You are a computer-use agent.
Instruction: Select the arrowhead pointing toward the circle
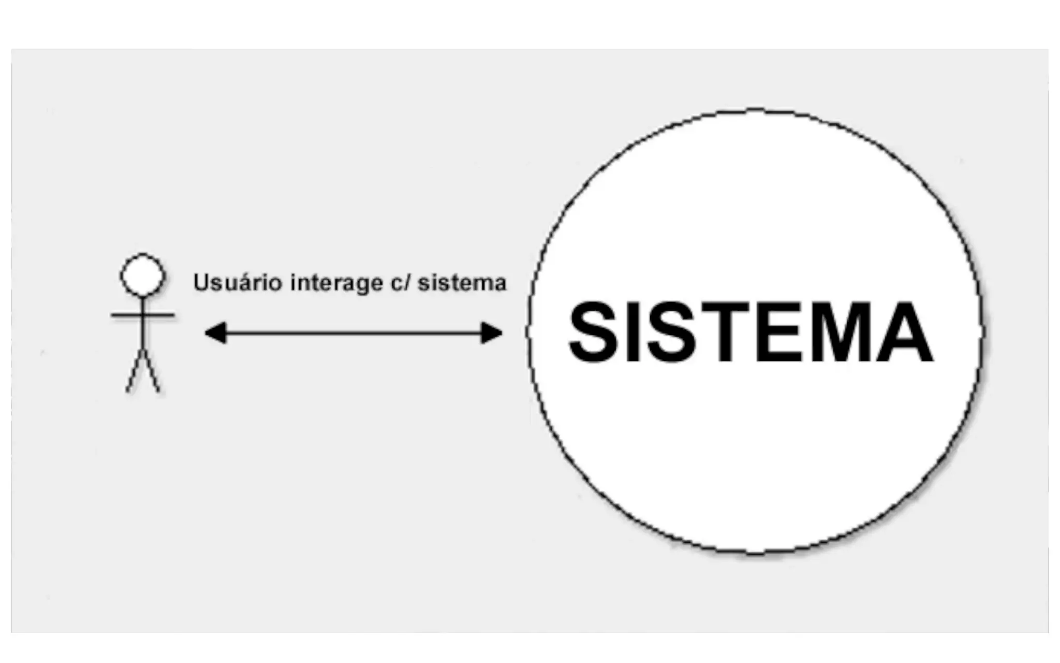[x=491, y=333]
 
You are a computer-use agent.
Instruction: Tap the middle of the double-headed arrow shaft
[x=354, y=333]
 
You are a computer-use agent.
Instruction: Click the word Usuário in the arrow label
[x=238, y=283]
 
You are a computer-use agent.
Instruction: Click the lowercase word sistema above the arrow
[x=462, y=283]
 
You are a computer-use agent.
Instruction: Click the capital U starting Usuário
[x=201, y=283]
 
